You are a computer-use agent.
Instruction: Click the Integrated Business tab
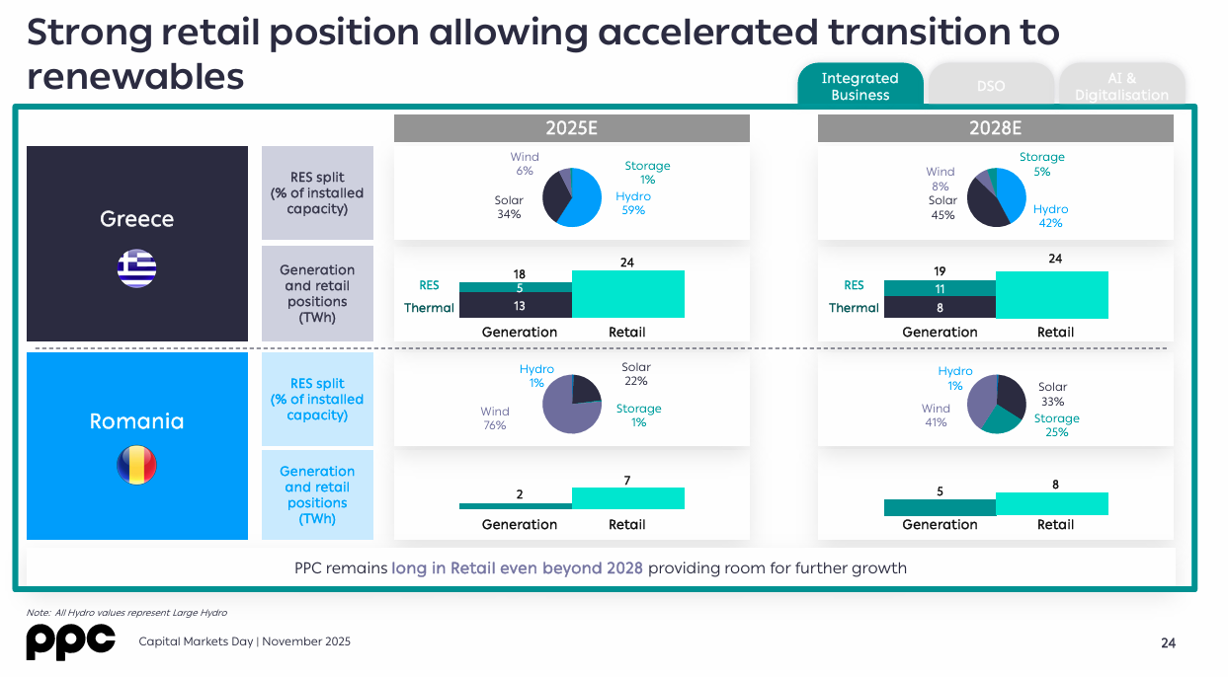pos(860,86)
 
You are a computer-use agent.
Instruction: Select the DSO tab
pos(991,86)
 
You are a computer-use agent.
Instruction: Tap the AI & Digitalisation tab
pos(1121,86)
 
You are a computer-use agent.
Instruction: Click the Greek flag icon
pos(136,268)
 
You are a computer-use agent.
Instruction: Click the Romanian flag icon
pos(136,465)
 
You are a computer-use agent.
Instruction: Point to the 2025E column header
pos(571,128)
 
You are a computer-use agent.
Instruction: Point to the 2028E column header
pos(995,128)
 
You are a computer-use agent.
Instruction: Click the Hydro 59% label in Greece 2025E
pos(633,203)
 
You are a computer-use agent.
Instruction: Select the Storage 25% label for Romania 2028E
pos(1056,425)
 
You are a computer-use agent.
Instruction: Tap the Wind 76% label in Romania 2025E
pos(495,418)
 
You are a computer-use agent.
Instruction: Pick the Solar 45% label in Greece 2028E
pos(943,207)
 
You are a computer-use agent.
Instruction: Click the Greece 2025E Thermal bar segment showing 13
pos(516,306)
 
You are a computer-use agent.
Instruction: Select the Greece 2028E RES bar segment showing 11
pos(940,289)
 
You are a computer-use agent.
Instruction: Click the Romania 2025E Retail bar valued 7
pos(627,498)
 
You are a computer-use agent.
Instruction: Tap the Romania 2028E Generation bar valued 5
pos(940,507)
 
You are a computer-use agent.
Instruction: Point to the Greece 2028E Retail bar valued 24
pos(1052,295)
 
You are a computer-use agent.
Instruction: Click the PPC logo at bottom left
pos(70,641)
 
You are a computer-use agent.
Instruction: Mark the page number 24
pos(1168,643)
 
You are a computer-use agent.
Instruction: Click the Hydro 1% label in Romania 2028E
pos(955,378)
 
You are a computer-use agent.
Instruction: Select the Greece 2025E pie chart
pos(572,197)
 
